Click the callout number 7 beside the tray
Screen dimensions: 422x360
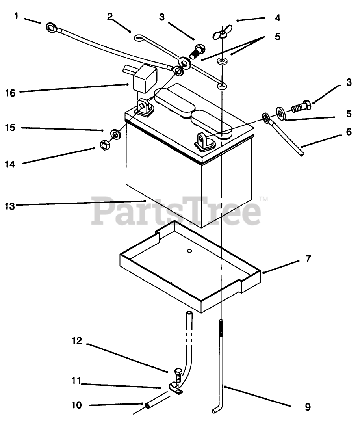point(308,259)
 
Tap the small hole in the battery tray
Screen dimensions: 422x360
point(189,251)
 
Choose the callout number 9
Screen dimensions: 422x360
point(308,407)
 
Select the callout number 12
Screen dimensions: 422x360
point(77,341)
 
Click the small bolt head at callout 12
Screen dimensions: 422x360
point(178,372)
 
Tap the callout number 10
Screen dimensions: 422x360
point(77,405)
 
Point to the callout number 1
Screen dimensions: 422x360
point(16,16)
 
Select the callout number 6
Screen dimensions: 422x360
point(349,132)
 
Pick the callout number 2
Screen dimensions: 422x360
point(109,16)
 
